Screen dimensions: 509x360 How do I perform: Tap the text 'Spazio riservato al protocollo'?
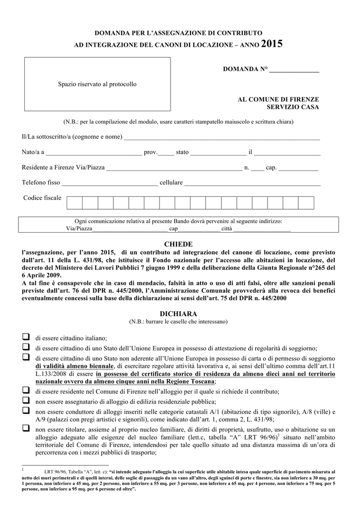(x=97, y=85)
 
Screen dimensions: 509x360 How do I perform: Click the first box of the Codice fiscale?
(x=75, y=203)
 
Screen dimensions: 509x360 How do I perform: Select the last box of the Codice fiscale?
(x=306, y=203)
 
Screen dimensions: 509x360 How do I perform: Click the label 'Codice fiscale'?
(x=42, y=198)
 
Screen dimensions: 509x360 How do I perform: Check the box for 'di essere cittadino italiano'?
(x=25, y=337)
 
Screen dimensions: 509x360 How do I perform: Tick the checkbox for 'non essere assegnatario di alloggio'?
(x=25, y=401)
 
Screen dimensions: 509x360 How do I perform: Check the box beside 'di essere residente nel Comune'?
(x=25, y=391)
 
